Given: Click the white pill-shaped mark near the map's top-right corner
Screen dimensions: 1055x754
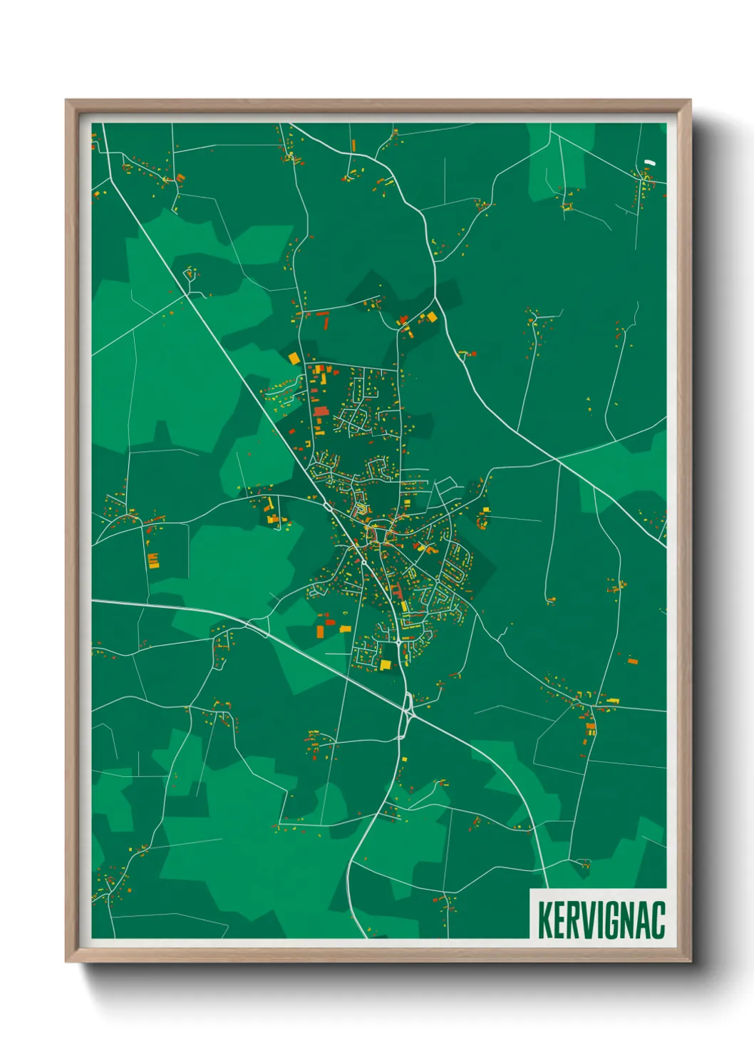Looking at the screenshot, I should coord(649,162).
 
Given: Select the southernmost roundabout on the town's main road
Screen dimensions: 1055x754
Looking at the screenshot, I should coord(398,642).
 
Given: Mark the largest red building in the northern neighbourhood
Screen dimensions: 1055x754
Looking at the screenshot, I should coord(320,411).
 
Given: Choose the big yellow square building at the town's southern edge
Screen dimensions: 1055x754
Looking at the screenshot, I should coord(386,665).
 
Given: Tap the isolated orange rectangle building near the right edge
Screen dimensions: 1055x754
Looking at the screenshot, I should coord(632,662).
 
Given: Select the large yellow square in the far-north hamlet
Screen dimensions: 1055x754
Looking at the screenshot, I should coord(431,316).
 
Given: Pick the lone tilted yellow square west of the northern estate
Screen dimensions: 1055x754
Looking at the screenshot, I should coord(294,358).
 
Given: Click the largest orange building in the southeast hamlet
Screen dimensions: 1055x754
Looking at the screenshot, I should coord(590,729).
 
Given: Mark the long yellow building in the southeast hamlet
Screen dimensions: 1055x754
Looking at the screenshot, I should coord(610,701).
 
